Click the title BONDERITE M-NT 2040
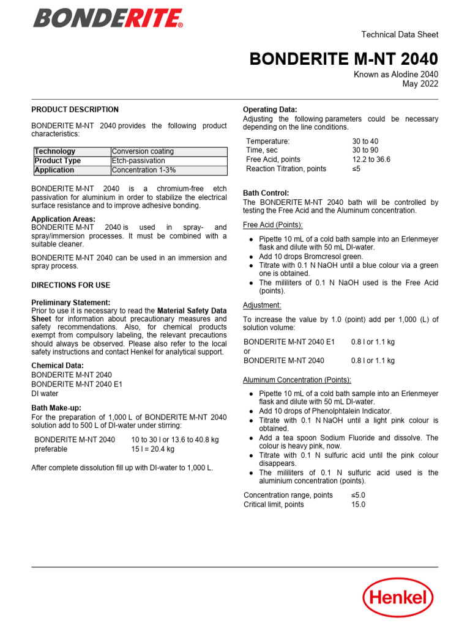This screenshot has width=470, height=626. (343, 59)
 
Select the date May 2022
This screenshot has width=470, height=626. (420, 84)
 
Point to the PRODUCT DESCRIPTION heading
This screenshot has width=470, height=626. (75, 110)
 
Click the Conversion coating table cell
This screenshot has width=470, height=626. (143, 152)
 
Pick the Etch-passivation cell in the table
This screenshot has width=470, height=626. (138, 161)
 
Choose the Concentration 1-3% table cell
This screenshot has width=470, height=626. (145, 170)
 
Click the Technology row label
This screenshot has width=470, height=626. (55, 152)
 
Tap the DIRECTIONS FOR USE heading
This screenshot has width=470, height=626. (71, 285)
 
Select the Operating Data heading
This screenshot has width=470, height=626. (270, 110)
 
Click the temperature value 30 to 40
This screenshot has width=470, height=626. (365, 141)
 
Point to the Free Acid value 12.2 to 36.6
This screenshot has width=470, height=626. (371, 160)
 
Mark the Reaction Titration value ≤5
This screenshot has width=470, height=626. (356, 169)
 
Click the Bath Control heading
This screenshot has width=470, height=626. (266, 193)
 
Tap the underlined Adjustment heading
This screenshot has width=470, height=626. (262, 305)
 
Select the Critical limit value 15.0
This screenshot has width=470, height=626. (358, 504)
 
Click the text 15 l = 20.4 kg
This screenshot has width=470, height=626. (153, 449)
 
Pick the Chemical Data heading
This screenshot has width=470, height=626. (57, 366)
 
